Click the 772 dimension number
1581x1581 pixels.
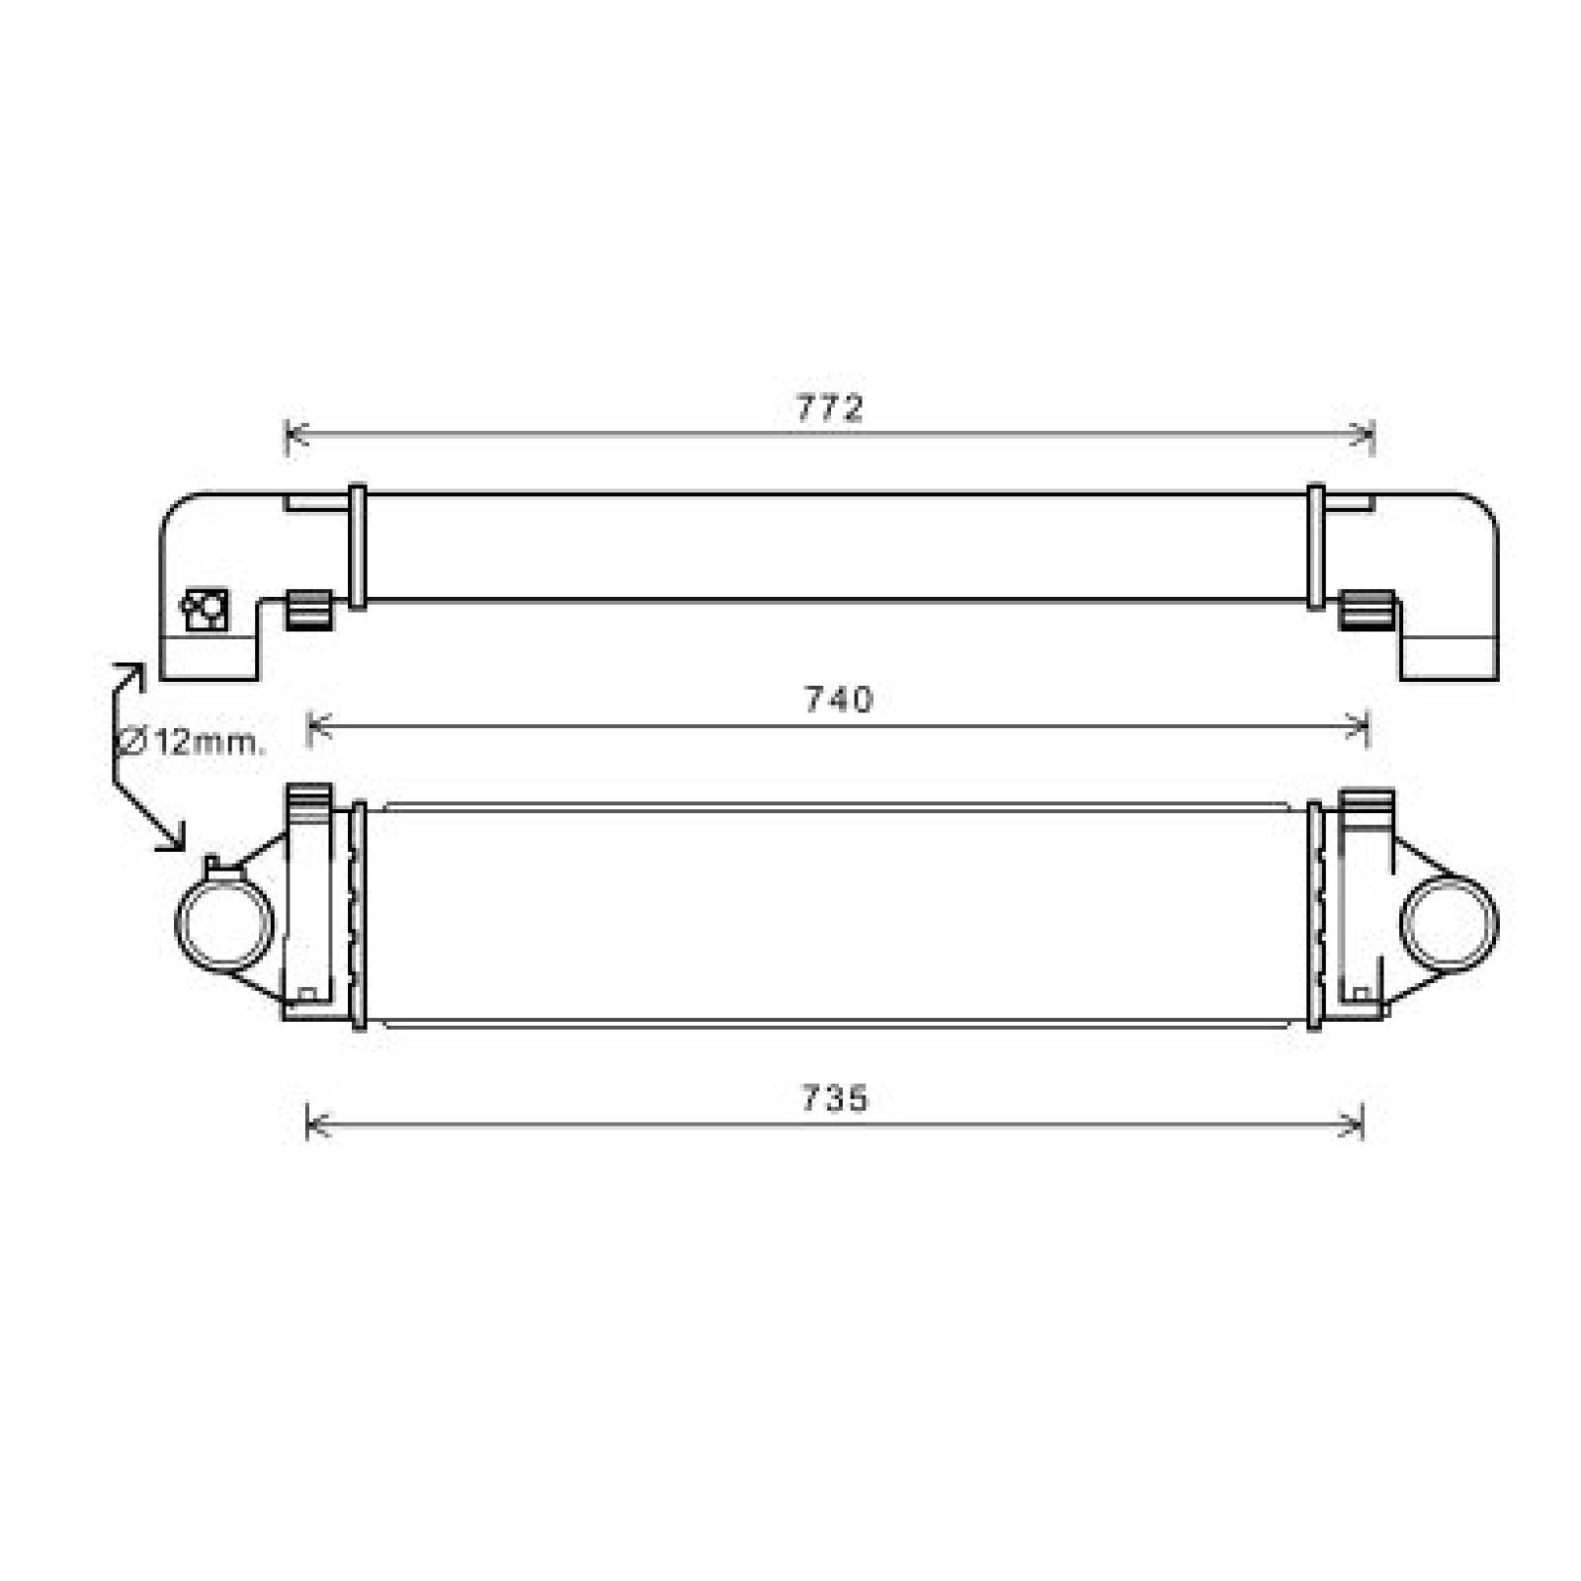[x=830, y=407]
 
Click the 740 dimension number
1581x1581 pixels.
[x=838, y=700]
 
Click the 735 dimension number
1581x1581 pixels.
[x=834, y=1098]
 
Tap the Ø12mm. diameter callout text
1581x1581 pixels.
[x=193, y=741]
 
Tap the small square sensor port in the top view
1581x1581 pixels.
[x=206, y=610]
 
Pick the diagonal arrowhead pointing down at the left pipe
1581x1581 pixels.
[x=173, y=838]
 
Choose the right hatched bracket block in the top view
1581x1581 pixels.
[x=1367, y=609]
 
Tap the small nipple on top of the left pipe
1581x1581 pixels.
[x=213, y=865]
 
